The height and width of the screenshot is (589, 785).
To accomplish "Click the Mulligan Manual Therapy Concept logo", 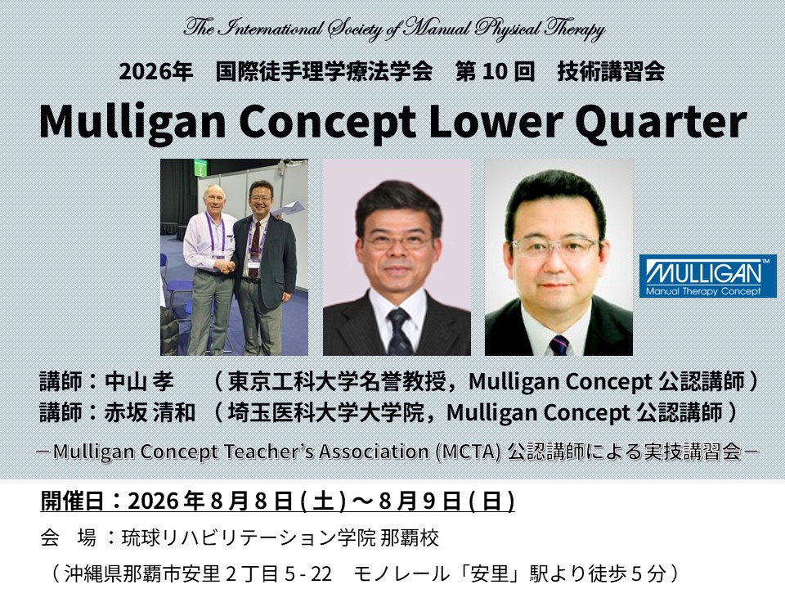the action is coord(708,276).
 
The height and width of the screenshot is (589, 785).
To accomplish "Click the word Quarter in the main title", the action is coord(661,122).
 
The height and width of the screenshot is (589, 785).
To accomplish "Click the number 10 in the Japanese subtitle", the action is coord(495,71).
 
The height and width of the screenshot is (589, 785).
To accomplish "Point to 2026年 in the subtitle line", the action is coord(155,71).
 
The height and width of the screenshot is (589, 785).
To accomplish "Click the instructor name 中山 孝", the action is coord(139,382).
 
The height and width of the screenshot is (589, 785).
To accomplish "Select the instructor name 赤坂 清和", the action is coord(150,412).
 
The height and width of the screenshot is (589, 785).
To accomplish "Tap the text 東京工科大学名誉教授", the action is coord(336,382).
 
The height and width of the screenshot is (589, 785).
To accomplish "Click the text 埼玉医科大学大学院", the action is coord(326,412).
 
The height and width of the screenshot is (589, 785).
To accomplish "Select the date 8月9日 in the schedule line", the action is coord(420,501).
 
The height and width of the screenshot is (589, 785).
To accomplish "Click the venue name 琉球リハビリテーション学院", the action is coord(249,538).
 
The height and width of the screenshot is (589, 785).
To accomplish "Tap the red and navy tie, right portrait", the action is coord(559,345).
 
